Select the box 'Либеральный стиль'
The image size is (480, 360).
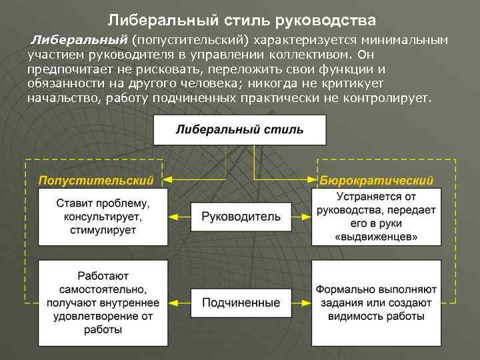click(240, 129)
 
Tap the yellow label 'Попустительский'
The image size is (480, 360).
click(96, 180)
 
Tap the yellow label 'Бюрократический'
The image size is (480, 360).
click(377, 180)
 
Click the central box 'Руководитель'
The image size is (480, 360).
click(241, 216)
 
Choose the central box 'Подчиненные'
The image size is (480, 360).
click(241, 302)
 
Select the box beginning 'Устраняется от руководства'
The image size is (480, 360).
click(377, 216)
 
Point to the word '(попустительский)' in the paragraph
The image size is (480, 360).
click(189, 41)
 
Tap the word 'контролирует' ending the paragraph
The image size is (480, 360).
click(393, 97)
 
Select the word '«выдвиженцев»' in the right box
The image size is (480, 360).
click(377, 237)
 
